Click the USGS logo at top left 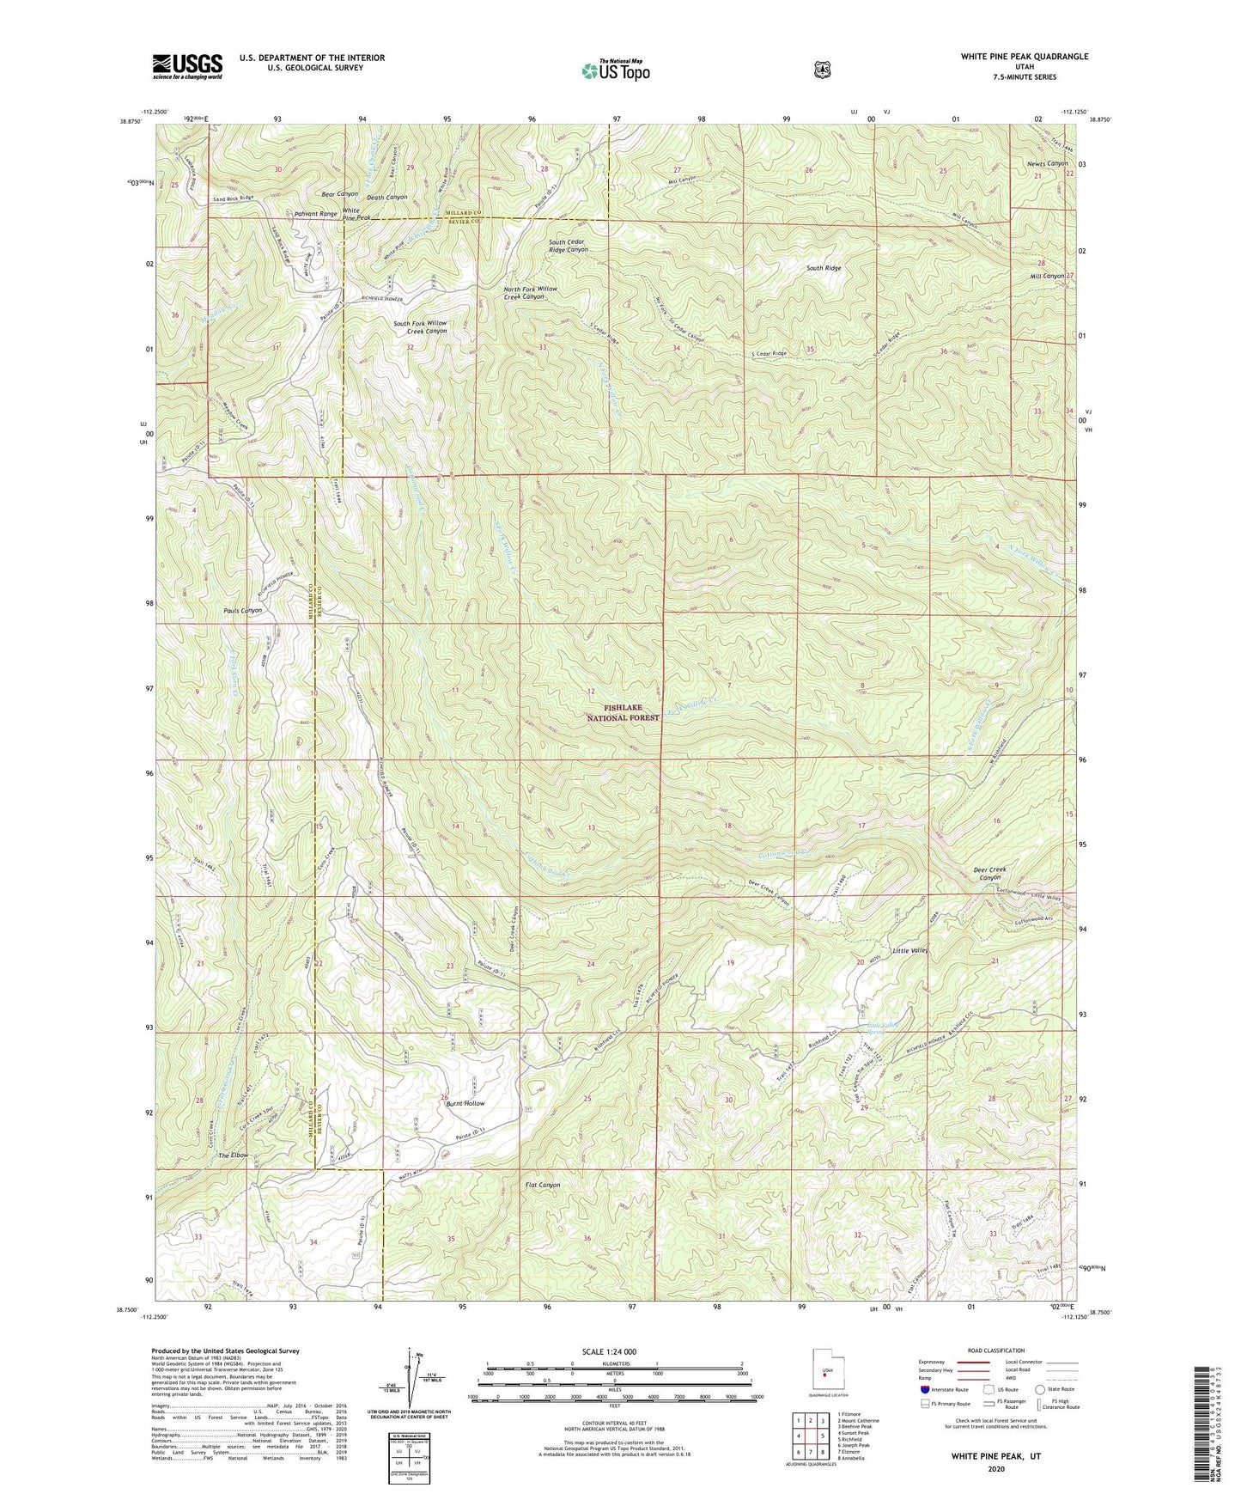coord(187,65)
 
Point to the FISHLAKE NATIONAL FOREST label coord(624,712)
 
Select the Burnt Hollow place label coord(465,1103)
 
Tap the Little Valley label coord(910,951)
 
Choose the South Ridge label coord(824,268)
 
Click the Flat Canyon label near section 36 coord(542,1185)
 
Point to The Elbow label coord(233,1155)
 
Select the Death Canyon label coord(386,198)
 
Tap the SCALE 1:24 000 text coord(609,1351)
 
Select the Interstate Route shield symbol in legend coord(924,1389)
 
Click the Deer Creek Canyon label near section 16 coord(989,874)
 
